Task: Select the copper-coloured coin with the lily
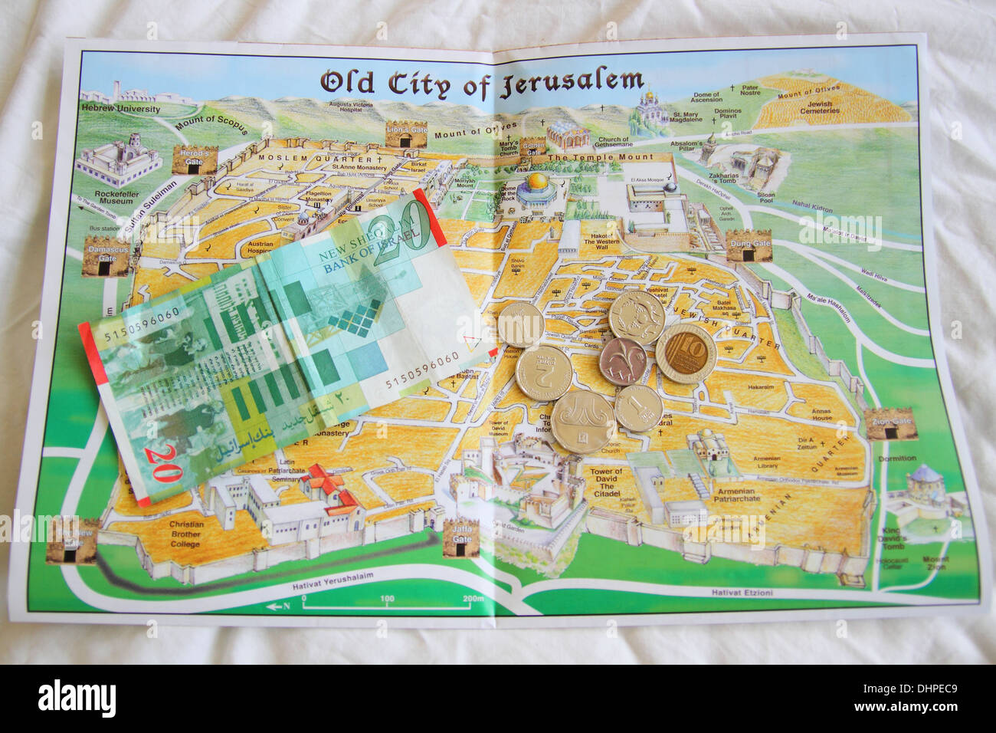[622, 361]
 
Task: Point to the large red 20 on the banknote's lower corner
[162, 463]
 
